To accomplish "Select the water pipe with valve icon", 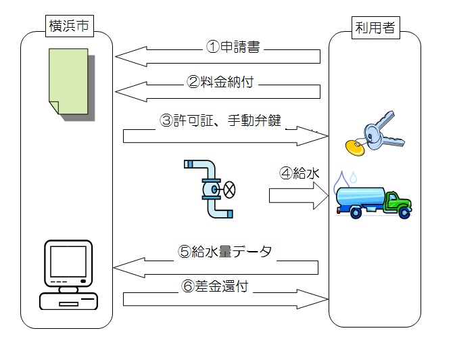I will [x=209, y=188].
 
